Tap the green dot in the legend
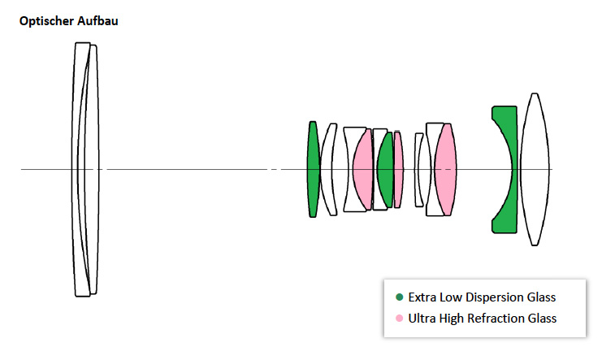(x=399, y=297)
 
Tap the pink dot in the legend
(x=399, y=318)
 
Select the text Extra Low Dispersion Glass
(x=482, y=297)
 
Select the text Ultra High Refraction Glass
(x=482, y=318)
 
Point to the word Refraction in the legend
(x=497, y=318)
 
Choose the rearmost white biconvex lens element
(x=535, y=169)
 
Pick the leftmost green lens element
(x=313, y=169)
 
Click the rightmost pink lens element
(x=445, y=169)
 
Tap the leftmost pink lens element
(x=363, y=169)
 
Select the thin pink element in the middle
(x=398, y=169)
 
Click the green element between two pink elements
(x=386, y=169)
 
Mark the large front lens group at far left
(x=85, y=169)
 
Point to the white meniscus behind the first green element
(x=329, y=169)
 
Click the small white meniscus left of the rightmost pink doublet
(x=419, y=169)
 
